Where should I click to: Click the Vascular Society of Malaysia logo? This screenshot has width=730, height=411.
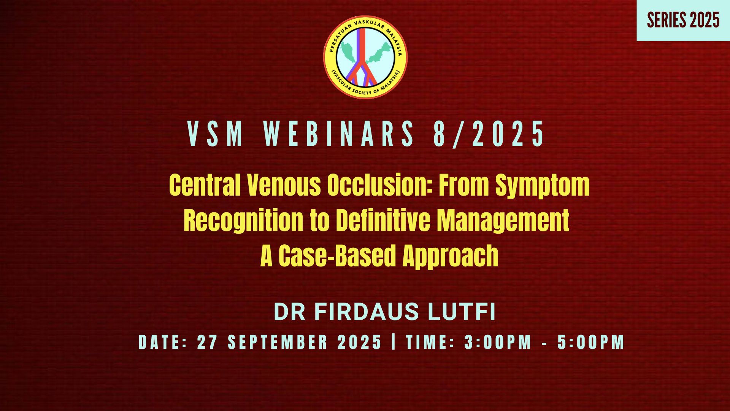[365, 57]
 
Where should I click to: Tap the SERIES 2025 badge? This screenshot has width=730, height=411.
[683, 21]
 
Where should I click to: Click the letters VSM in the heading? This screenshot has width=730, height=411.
[215, 134]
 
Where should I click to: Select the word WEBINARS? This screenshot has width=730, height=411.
[339, 134]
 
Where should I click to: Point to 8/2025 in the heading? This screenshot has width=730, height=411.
[489, 134]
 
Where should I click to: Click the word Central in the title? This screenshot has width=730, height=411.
[205, 185]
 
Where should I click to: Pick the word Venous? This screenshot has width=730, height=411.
[284, 185]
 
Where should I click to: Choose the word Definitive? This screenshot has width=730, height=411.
[383, 220]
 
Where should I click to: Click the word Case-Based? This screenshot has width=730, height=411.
[337, 256]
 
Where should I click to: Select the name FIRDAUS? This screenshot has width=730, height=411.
[367, 312]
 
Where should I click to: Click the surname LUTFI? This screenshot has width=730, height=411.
[462, 312]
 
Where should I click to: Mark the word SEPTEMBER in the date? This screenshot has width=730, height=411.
[278, 342]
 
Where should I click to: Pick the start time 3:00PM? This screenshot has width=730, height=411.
[498, 342]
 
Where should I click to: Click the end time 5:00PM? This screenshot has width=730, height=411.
[591, 342]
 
